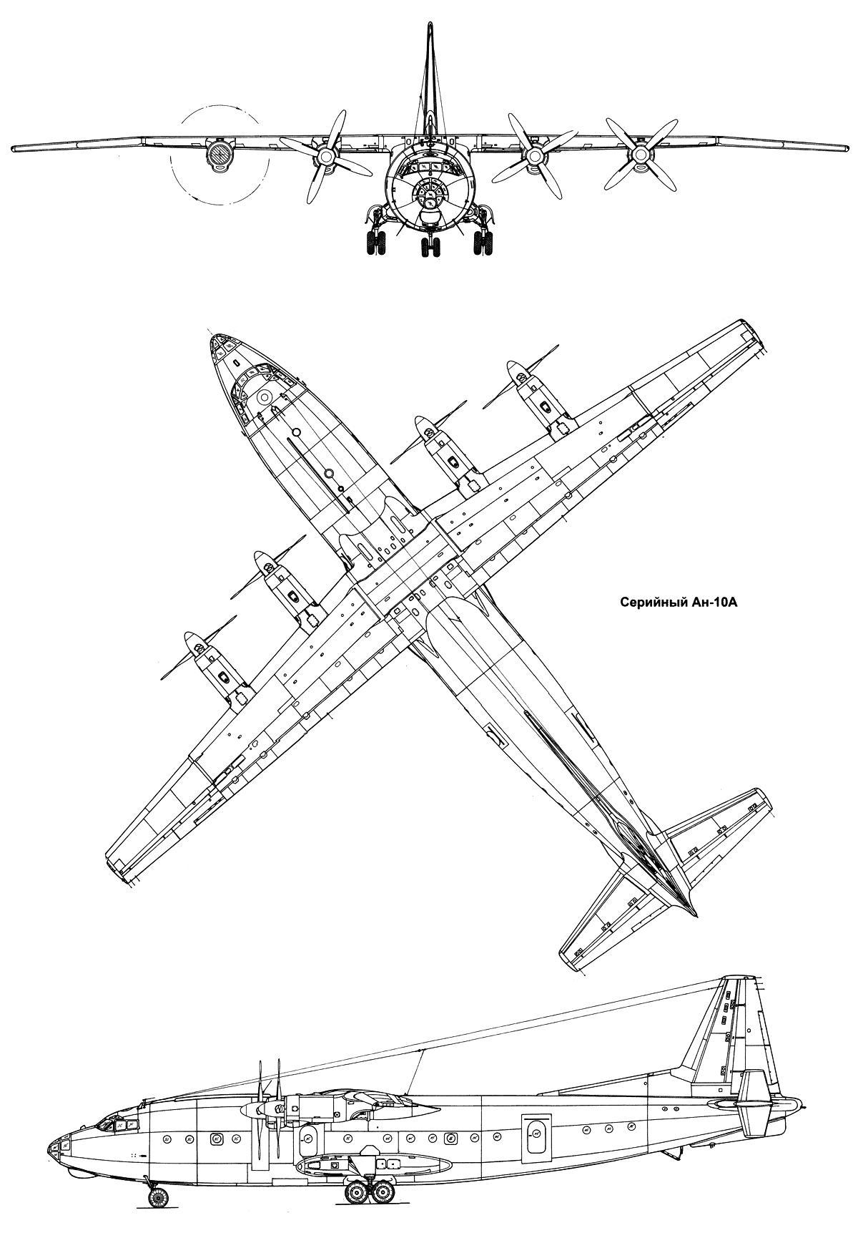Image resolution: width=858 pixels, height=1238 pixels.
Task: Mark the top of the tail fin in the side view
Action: tap(739, 978)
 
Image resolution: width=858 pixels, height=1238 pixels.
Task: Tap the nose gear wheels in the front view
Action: tap(430, 248)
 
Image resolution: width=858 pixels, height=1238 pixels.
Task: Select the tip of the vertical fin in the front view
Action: tap(430, 26)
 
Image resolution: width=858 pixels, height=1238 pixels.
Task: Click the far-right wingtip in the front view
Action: tap(842, 148)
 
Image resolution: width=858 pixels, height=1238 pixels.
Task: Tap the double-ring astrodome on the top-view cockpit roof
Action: tap(265, 396)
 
